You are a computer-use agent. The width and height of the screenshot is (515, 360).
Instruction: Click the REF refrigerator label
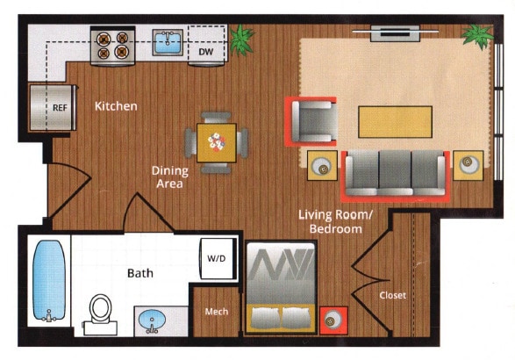(61, 109)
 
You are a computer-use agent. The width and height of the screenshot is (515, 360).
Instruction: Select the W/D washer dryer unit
(217, 259)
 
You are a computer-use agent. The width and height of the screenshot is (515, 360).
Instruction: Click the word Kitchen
(116, 106)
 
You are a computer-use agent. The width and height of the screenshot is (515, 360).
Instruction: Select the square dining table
(216, 142)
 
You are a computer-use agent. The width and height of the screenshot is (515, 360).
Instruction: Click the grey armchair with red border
(312, 121)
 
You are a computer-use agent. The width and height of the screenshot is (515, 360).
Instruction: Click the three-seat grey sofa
(395, 174)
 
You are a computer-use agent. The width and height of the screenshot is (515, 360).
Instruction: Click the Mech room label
(217, 312)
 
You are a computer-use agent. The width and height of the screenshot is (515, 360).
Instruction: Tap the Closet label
(392, 296)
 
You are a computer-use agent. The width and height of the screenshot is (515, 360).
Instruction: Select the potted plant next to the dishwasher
(241, 39)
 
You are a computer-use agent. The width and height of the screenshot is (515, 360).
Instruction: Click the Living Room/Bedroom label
(330, 221)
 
